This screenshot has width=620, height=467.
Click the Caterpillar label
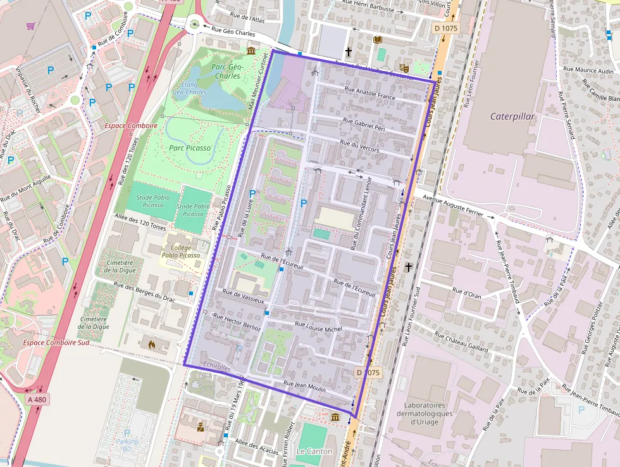tap(512, 117)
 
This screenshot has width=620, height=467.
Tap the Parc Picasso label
tap(189, 147)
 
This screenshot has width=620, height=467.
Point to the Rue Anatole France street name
tap(369, 94)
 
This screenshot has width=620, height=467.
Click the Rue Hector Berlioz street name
tap(237, 323)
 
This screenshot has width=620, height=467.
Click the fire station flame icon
tap(152, 345)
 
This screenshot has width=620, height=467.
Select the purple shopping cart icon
tap(30, 26)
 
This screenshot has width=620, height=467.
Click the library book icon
tap(378, 40)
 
